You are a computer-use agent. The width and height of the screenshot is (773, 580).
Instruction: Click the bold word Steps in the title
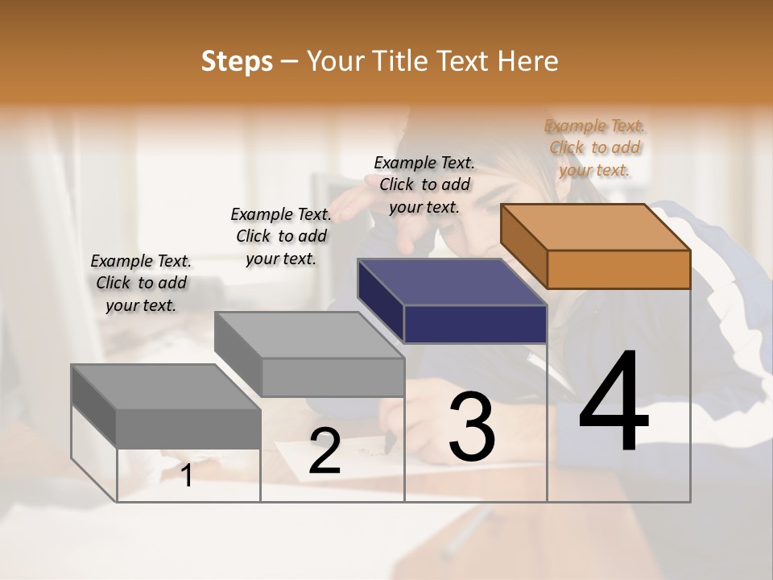pyautogui.click(x=237, y=61)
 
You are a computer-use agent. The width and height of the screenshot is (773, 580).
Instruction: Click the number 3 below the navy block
pyautogui.click(x=472, y=427)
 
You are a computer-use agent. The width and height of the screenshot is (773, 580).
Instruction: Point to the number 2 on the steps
pyautogui.click(x=324, y=451)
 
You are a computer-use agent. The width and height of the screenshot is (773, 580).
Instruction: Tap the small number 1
pyautogui.click(x=187, y=475)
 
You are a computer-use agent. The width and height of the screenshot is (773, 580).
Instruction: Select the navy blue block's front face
pyautogui.click(x=475, y=325)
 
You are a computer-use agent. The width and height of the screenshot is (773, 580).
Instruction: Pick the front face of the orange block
pyautogui.click(x=618, y=269)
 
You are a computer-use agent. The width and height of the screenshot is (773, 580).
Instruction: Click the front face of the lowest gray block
pyautogui.click(x=188, y=429)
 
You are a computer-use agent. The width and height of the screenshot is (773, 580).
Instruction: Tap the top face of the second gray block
pyautogui.click(x=309, y=334)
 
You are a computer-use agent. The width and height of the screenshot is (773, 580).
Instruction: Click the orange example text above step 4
pyautogui.click(x=594, y=147)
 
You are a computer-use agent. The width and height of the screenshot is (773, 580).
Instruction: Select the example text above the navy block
pyautogui.click(x=424, y=184)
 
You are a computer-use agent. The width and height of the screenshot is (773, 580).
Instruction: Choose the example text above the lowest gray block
pyautogui.click(x=141, y=283)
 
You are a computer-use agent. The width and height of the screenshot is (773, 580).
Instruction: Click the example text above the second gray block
pyautogui.click(x=281, y=236)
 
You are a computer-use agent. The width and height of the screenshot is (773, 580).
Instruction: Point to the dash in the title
pyautogui.click(x=290, y=61)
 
